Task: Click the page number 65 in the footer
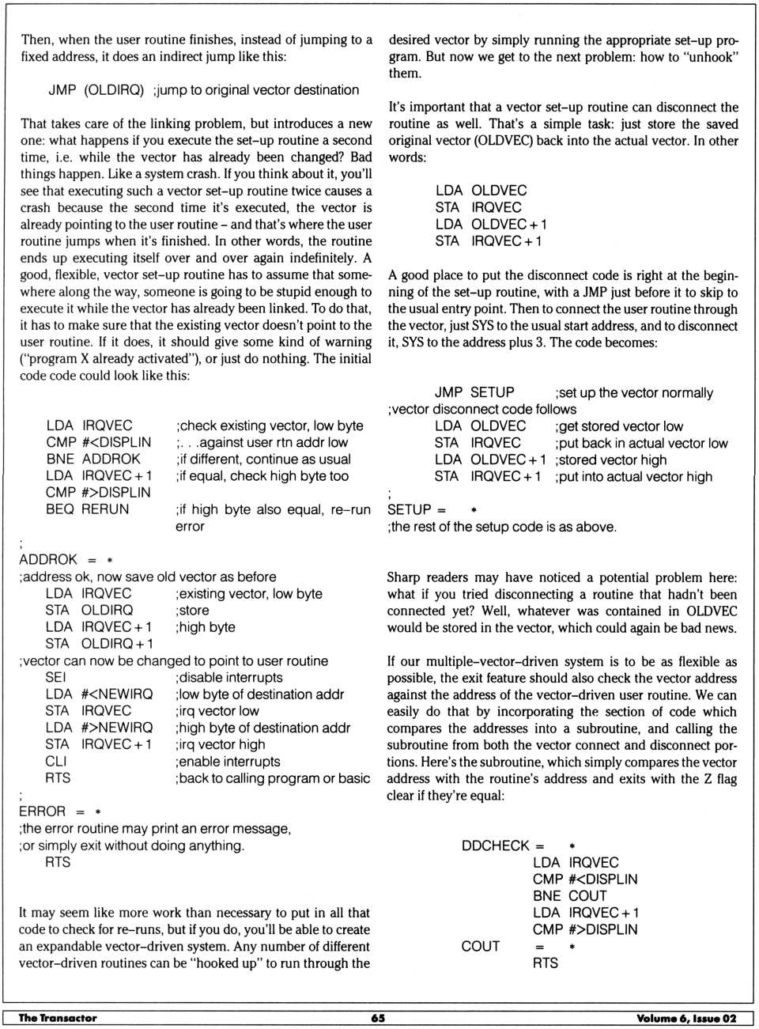(378, 1018)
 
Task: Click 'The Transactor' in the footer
(58, 1018)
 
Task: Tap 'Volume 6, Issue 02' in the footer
(686, 1018)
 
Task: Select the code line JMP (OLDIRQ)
(96, 90)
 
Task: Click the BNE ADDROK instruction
(93, 459)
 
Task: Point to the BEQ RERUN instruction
(87, 509)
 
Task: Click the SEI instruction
(56, 677)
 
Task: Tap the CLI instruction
(56, 761)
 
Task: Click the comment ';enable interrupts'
(228, 761)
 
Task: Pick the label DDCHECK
(497, 846)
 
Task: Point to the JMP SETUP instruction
(474, 392)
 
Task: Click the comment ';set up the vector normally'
(634, 393)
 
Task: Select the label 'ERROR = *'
(60, 811)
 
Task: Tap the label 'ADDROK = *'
(66, 559)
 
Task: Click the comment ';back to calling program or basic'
(273, 778)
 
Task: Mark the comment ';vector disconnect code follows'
(481, 409)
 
